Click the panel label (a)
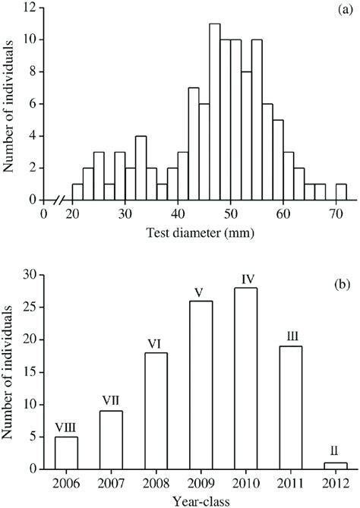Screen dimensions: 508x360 coord(339,10)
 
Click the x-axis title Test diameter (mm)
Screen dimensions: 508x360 coord(201,234)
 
